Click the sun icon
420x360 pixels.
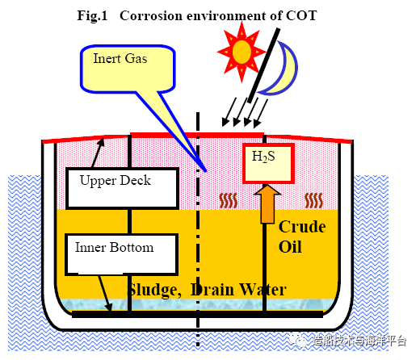tap(241, 52)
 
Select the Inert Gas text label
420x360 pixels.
tap(120, 58)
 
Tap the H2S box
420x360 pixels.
tap(268, 163)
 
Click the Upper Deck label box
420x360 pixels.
tap(123, 188)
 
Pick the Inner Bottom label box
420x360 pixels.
tap(121, 254)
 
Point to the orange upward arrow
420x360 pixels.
tap(267, 203)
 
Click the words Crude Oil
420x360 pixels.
tap(302, 237)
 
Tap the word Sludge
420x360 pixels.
tap(153, 290)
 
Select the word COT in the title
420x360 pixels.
tap(301, 15)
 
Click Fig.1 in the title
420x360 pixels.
tap(92, 15)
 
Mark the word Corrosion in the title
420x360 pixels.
tap(151, 15)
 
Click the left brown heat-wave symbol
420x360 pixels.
tap(229, 201)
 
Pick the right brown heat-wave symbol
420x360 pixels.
tap(313, 200)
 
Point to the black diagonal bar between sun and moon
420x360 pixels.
tap(264, 65)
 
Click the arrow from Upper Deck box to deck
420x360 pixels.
tap(98, 153)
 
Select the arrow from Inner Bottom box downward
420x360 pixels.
tap(105, 294)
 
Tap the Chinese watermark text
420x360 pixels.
tap(359, 341)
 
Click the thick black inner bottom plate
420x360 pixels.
tap(197, 314)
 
